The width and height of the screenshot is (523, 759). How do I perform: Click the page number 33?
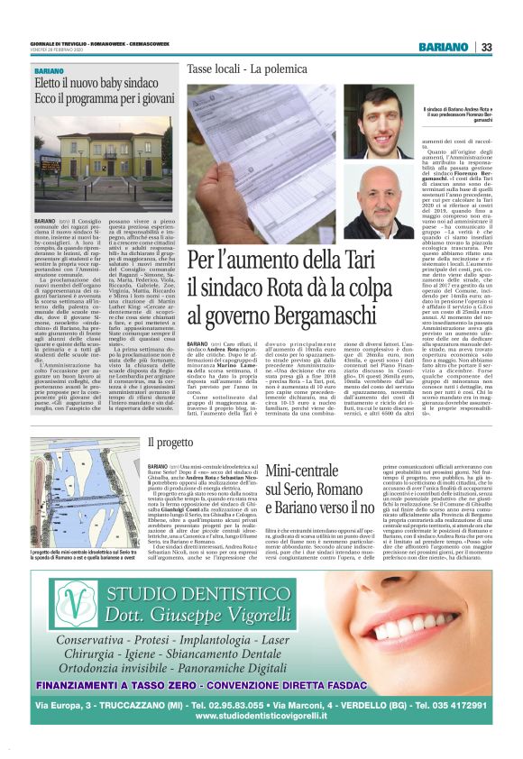(485, 47)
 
